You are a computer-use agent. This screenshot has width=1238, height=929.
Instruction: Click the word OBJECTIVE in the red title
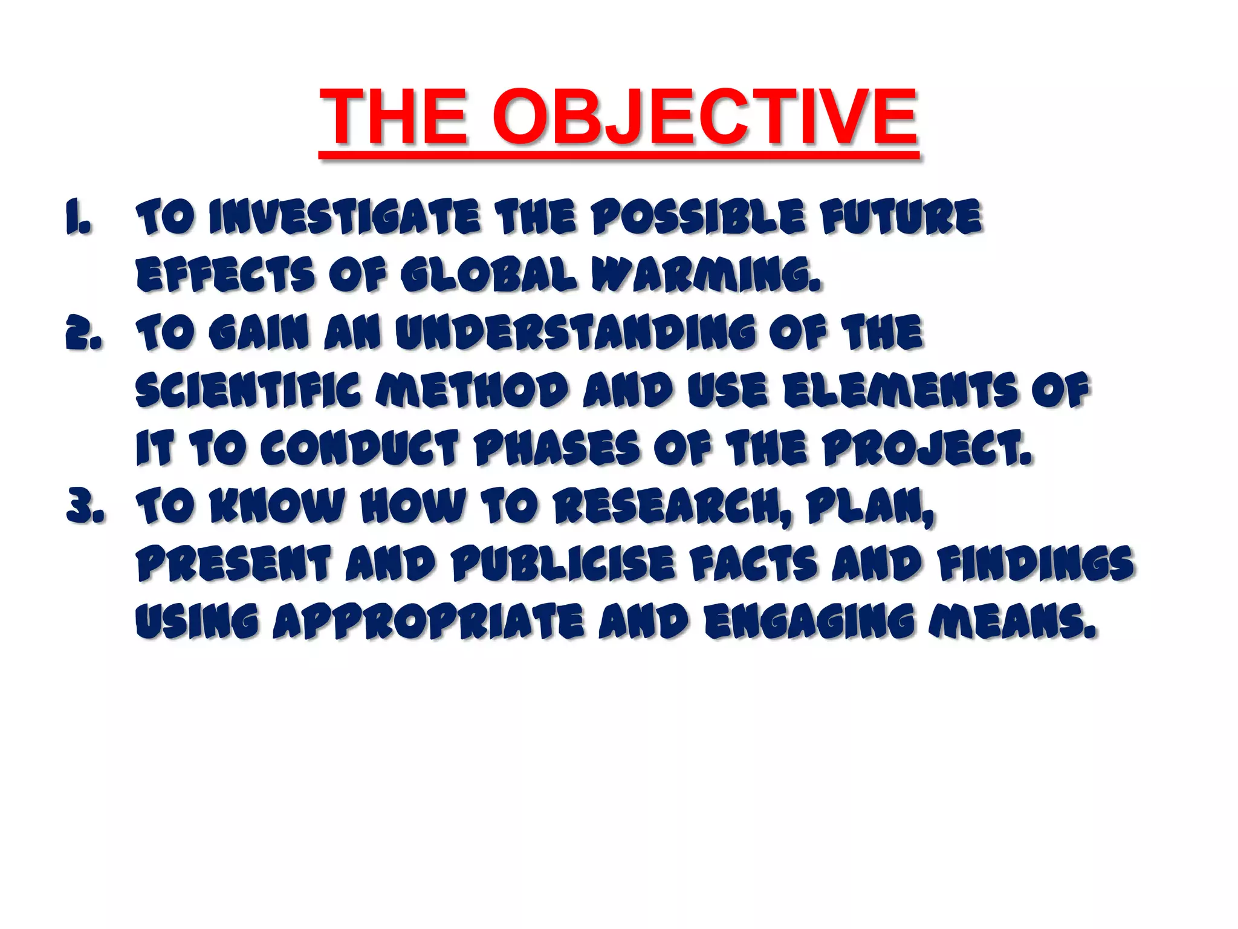(705, 116)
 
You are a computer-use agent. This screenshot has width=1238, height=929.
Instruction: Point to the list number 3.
(85, 507)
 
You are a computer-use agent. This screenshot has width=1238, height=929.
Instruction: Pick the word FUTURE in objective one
(901, 217)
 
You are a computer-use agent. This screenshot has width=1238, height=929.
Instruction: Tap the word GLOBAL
(488, 275)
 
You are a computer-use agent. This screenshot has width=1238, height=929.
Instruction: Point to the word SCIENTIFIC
(248, 391)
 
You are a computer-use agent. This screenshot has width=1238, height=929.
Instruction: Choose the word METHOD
(472, 391)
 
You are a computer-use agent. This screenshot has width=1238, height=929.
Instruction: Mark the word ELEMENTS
(901, 391)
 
